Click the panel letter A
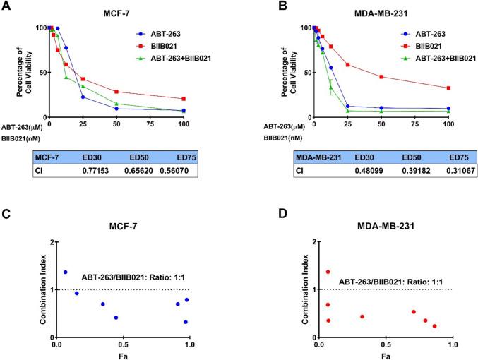8,8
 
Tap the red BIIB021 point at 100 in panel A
184,99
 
